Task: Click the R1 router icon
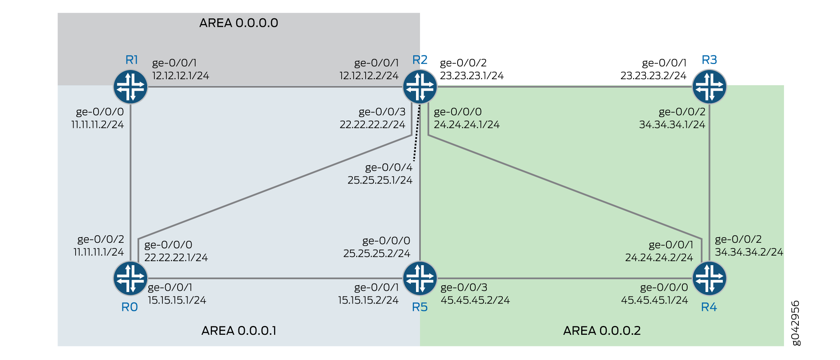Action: coord(130,87)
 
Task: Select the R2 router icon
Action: coord(420,87)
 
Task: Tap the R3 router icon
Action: coord(710,87)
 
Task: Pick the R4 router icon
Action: coord(710,278)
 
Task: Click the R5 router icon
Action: coord(420,278)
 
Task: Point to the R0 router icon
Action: coord(130,278)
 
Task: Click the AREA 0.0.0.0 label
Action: coord(239,23)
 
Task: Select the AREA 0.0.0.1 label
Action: coord(239,331)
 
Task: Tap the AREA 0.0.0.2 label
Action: coord(602,331)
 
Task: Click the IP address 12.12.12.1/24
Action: coord(181,76)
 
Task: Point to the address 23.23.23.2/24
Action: coord(653,76)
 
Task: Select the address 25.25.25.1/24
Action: coord(380,180)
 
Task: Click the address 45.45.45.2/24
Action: coord(475,300)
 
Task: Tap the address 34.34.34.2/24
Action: coord(749,252)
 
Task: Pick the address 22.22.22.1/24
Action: coord(176,258)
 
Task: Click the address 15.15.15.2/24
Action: coord(368,300)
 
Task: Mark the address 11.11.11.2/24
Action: coord(98,125)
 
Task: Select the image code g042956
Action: coord(796,323)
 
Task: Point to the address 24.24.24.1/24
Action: coord(467,125)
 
